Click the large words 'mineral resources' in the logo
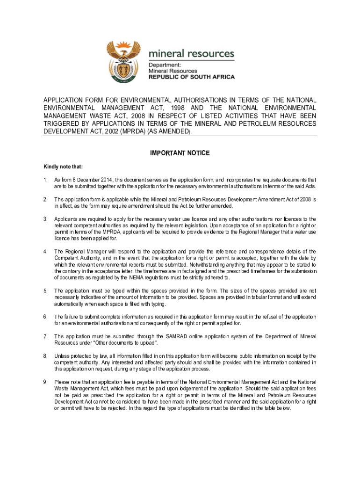click(191, 53)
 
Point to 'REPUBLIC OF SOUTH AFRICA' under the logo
click(192, 77)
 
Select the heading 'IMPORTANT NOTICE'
click(180, 153)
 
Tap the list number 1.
click(45, 180)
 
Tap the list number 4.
click(45, 251)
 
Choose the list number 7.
click(45, 336)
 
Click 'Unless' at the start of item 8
click(62, 356)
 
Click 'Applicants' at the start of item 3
click(66, 219)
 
